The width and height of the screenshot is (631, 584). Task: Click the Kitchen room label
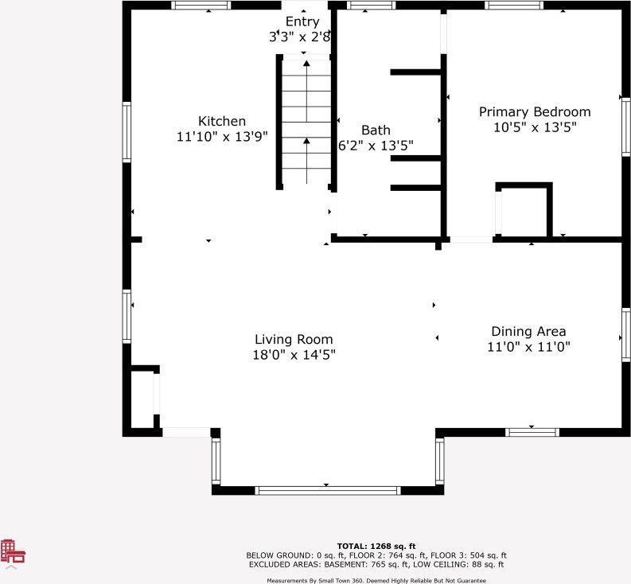[222, 121]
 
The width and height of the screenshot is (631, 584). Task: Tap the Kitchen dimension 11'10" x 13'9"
[222, 136]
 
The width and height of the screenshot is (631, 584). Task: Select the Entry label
[302, 21]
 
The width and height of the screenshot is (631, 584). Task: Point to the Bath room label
[376, 130]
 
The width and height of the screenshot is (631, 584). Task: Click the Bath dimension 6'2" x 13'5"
[376, 146]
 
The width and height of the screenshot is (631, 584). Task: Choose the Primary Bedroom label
[535, 112]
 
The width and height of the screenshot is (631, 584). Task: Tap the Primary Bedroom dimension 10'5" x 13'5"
[535, 127]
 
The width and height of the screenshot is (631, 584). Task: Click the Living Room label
[294, 339]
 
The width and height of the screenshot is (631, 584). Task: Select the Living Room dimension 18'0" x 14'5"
[294, 355]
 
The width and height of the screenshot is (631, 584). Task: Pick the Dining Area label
[529, 331]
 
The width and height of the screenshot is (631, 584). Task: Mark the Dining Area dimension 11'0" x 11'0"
[529, 347]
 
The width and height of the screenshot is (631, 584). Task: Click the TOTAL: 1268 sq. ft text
[376, 546]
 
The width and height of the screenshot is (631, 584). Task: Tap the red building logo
[13, 551]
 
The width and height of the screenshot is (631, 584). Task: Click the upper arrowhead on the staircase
[306, 63]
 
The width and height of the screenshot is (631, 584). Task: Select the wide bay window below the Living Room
[328, 491]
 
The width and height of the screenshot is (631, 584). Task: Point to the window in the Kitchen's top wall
[201, 5]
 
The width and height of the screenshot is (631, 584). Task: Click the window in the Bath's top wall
[371, 5]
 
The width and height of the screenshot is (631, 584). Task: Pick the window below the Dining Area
[532, 433]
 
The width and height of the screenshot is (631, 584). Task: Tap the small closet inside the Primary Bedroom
[524, 211]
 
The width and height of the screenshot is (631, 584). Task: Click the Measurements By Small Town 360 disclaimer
[376, 581]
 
